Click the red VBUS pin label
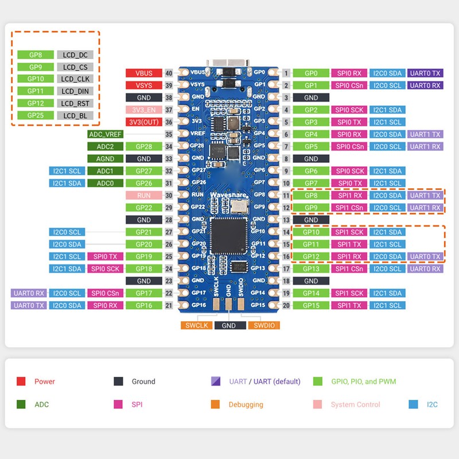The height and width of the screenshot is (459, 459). click(143, 73)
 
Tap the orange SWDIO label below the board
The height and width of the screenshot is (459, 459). click(264, 325)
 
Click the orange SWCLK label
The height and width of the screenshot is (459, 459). click(196, 325)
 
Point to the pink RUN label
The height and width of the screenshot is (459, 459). click(143, 195)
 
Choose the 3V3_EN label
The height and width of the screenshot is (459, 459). click(143, 110)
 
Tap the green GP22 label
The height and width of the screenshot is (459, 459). click(143, 208)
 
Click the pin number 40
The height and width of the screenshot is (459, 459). click(169, 73)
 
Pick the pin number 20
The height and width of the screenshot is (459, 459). click(286, 306)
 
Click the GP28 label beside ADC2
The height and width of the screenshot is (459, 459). click(143, 146)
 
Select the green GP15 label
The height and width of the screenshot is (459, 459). click(310, 306)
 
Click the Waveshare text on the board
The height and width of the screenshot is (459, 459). click(229, 196)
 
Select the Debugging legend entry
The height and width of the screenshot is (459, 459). click(246, 404)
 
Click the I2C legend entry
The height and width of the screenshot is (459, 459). click(432, 404)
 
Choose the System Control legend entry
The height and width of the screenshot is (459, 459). click(355, 404)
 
